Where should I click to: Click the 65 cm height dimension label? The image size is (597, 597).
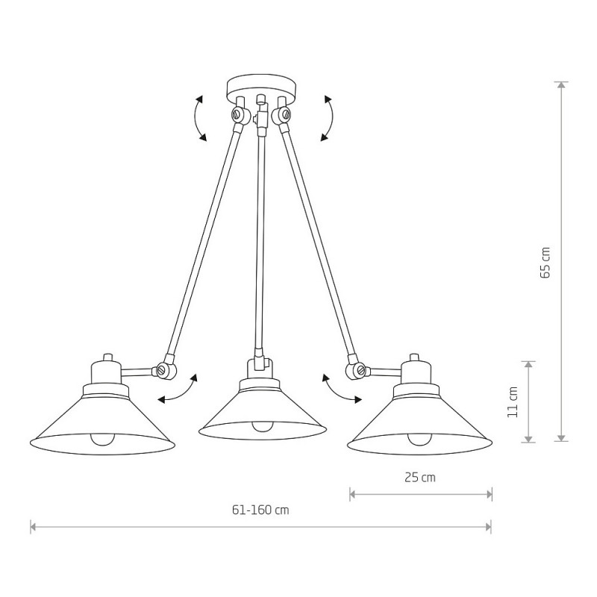[x=546, y=263]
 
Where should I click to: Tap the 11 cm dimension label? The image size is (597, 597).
[x=513, y=402]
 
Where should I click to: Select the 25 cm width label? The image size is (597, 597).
[x=420, y=478]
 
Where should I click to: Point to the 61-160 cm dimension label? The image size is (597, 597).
[x=260, y=510]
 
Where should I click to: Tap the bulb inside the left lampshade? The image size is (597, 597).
[x=102, y=439]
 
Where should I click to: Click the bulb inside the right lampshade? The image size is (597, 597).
[x=420, y=439]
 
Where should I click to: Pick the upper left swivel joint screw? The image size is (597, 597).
[x=237, y=113]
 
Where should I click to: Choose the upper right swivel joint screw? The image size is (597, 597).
[x=285, y=113]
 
